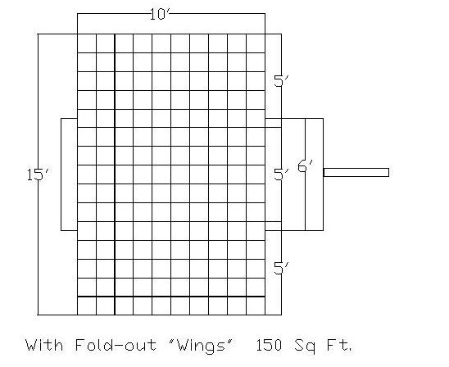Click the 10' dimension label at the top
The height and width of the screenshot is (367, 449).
coord(160,14)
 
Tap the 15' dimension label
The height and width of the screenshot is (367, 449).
coord(39,174)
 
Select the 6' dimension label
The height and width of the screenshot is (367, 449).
coord(306,166)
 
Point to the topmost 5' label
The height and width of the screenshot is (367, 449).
coord(281,81)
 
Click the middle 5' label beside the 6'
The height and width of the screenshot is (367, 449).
coord(281,174)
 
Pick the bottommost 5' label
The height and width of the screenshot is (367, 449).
coord(281,268)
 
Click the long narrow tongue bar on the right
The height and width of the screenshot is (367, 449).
coord(356,172)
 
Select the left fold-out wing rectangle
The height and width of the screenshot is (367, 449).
coord(61,174)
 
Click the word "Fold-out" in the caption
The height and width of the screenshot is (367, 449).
coord(116,345)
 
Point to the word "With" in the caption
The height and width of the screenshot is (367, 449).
coord(44,345)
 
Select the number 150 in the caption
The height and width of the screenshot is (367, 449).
coord(269,345)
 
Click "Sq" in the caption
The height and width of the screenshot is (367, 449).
coord(305,346)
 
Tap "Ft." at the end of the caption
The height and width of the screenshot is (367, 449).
coord(339,345)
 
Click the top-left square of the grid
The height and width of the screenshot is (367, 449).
coord(87,43)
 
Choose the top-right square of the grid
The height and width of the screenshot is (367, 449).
coord(256,43)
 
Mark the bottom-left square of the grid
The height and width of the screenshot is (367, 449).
coord(87,306)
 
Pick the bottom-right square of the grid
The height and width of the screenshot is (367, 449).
coord(256,306)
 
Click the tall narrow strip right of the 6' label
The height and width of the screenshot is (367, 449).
coord(315,174)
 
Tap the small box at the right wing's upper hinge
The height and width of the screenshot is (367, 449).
coord(273,123)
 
